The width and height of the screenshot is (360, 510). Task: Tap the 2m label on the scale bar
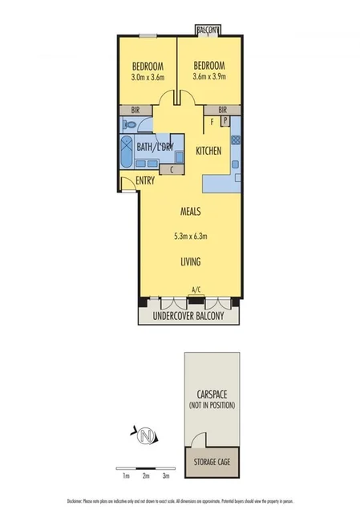(x=146, y=476)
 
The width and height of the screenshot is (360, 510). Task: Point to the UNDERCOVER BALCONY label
(x=190, y=316)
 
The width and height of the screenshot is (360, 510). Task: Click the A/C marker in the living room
(x=196, y=290)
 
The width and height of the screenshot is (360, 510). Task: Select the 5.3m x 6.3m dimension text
(x=190, y=237)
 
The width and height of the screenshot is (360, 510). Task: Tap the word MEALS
(x=190, y=212)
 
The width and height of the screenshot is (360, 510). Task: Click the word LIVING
(x=190, y=262)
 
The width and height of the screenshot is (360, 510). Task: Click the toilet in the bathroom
(x=129, y=124)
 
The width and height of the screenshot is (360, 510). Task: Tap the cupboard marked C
(x=172, y=169)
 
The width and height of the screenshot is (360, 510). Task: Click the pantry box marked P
(x=225, y=122)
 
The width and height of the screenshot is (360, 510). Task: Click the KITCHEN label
(x=208, y=151)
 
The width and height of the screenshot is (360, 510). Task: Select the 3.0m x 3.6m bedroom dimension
(x=148, y=78)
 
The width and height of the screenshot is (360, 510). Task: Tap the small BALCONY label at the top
(x=208, y=30)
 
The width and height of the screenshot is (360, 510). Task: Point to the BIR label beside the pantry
(x=222, y=110)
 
